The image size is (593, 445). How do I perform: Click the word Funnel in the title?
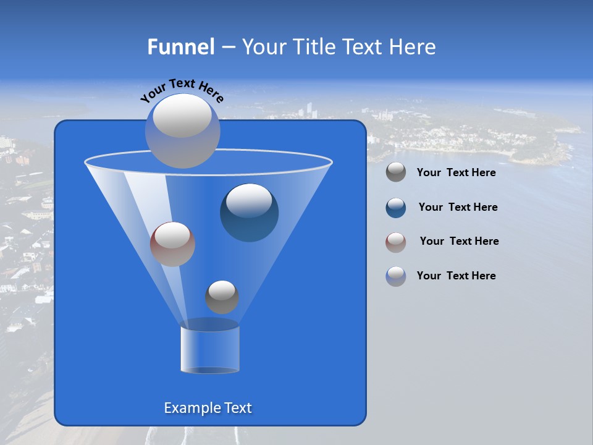click(180, 47)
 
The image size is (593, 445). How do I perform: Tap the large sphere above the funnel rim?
click(182, 131)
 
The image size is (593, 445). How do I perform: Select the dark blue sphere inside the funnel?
click(249, 213)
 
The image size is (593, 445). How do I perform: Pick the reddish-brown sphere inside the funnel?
click(172, 244)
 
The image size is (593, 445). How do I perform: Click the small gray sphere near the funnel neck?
click(222, 297)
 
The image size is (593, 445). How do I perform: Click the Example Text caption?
click(208, 408)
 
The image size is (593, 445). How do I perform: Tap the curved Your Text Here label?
click(182, 90)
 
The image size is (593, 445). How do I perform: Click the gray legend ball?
click(396, 172)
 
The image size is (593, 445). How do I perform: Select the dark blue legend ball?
click(396, 208)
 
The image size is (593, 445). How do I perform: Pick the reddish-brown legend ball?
click(396, 242)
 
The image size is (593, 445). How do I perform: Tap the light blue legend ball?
click(396, 276)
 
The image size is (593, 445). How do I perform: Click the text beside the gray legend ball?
click(456, 172)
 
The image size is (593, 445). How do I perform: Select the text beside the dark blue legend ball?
click(458, 207)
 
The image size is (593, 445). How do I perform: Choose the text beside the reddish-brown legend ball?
click(459, 241)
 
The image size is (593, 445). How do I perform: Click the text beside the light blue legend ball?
click(456, 276)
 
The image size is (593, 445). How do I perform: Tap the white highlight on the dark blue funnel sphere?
click(249, 201)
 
